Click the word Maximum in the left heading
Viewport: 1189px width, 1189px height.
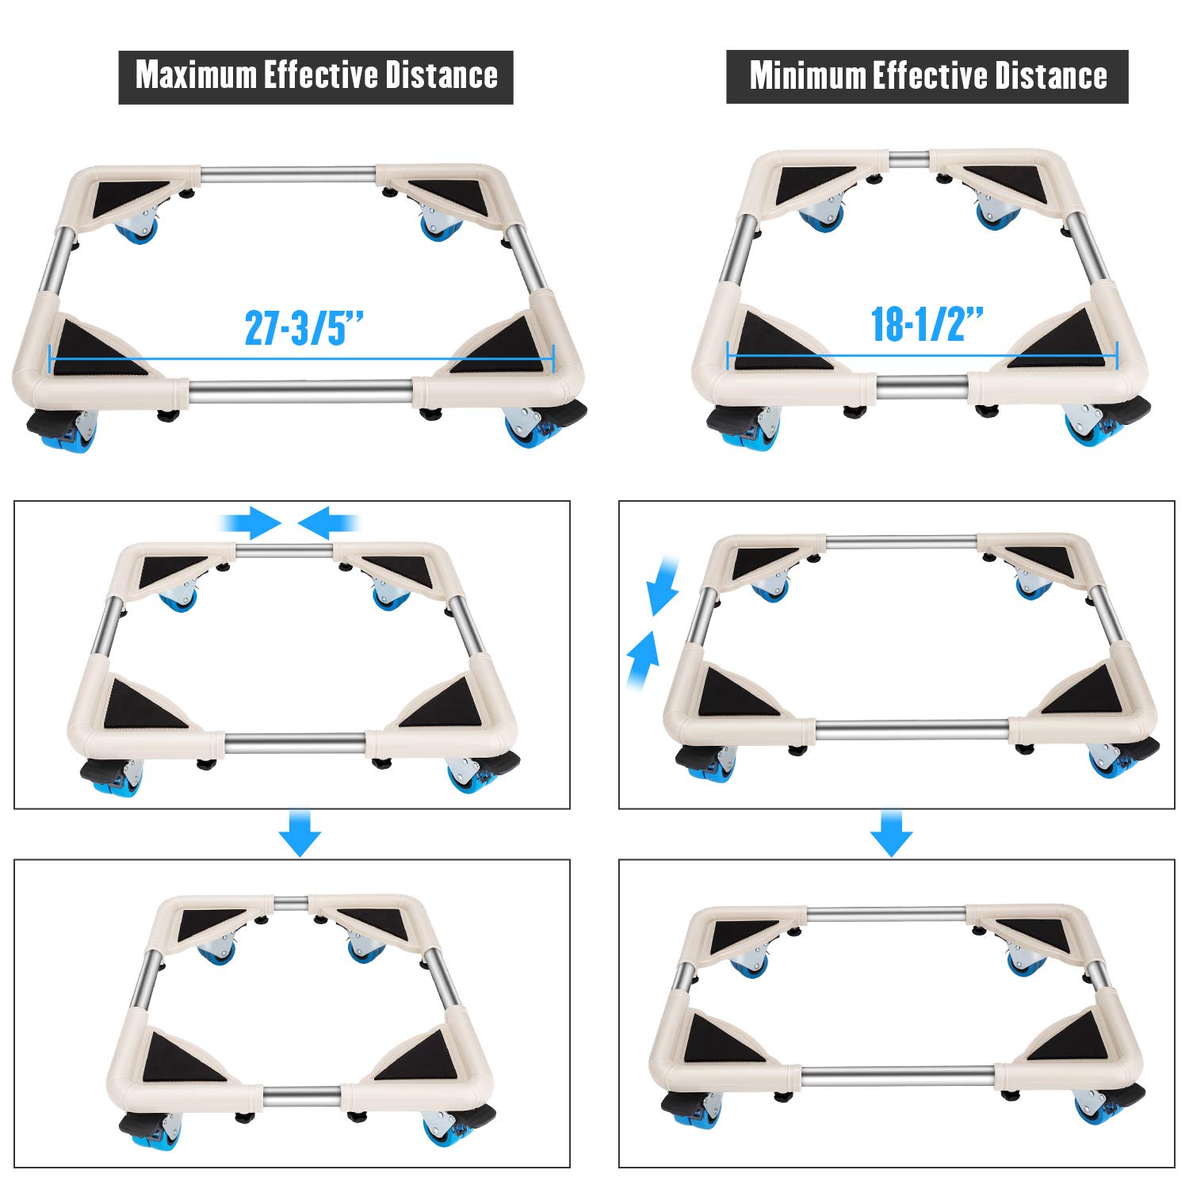coord(197,75)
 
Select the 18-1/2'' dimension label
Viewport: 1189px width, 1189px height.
coord(927,324)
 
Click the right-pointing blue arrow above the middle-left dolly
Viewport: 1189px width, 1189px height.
coord(251,522)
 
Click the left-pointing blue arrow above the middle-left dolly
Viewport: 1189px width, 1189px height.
coord(328,522)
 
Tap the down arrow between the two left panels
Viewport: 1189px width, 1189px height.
coord(300,832)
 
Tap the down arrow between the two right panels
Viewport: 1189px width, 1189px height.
coord(892,832)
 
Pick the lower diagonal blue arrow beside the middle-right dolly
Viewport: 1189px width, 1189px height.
coord(642,661)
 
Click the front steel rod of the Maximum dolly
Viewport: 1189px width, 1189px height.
coord(301,392)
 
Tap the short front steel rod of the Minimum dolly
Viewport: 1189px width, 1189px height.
coord(922,387)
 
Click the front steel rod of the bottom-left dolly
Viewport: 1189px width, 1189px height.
coord(302,1096)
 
